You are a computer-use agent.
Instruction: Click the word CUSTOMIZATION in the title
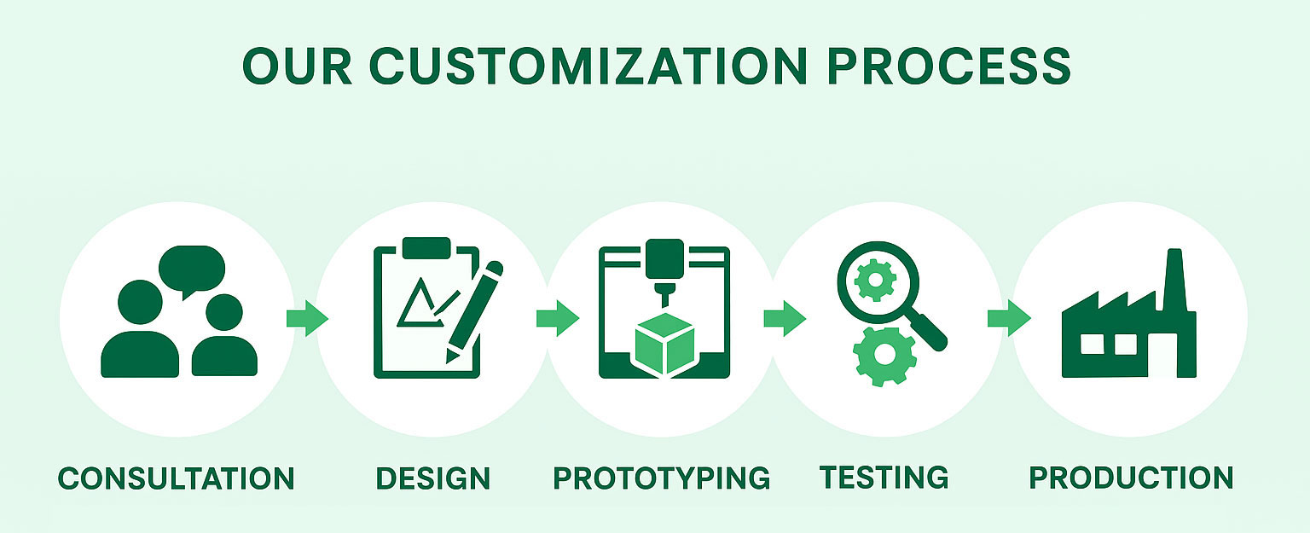point(588,66)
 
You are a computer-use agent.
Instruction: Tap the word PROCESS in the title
point(949,66)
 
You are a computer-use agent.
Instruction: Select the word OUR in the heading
point(297,66)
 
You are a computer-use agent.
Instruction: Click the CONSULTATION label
point(176,478)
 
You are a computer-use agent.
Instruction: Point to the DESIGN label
point(432,478)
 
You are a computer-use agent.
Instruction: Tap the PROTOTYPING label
point(662,478)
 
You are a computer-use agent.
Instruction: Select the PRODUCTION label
point(1131,478)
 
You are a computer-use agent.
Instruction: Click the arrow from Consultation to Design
point(308,319)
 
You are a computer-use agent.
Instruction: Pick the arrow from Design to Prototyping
point(558,319)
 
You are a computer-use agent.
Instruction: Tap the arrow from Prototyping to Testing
point(785,319)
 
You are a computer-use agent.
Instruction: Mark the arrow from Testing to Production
point(1010,319)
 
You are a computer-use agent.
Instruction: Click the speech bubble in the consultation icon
point(192,269)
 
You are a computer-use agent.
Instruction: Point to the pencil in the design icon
point(473,312)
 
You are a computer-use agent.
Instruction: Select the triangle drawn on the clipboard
point(419,304)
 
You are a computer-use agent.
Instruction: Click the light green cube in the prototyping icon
point(665,345)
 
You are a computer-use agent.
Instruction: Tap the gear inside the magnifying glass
point(876,281)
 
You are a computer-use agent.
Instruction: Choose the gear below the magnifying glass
point(884,356)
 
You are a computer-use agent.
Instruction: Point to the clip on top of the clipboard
point(426,248)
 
